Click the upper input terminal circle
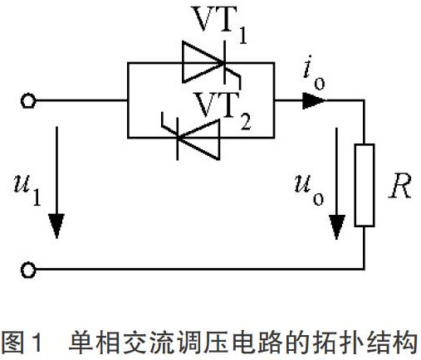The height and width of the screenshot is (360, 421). click(28, 101)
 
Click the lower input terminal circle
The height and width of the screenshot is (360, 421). click(28, 270)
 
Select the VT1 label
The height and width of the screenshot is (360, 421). click(219, 24)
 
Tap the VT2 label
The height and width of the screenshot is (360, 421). click(223, 111)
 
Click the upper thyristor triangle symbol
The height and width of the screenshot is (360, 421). click(203, 62)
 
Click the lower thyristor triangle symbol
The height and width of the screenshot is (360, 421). click(198, 139)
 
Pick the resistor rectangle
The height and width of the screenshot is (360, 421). click(365, 185)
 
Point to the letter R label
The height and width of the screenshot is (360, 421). click(400, 186)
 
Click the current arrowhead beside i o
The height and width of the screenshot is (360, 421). click(314, 100)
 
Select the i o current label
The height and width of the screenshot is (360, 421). click(314, 72)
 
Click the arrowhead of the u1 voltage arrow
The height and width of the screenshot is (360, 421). click(56, 226)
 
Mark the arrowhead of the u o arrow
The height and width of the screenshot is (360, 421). click(336, 226)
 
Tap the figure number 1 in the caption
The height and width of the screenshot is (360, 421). click(37, 343)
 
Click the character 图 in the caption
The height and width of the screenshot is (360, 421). click(13, 343)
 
